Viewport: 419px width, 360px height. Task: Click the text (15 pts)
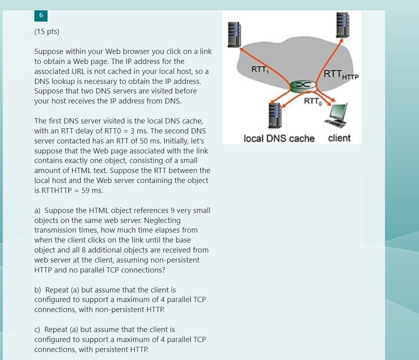pos(47,32)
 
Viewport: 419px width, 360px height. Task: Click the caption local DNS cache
pos(279,139)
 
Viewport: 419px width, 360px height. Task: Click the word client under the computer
pos(339,138)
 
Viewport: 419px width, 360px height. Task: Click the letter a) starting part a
pos(38,211)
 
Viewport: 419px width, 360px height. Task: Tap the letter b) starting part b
pos(38,290)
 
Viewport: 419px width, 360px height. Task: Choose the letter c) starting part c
pos(38,330)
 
